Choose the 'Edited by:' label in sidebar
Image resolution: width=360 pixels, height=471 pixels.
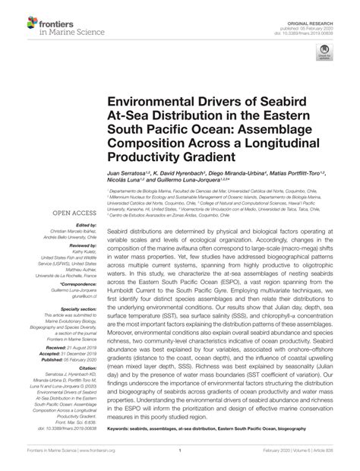point(83,226)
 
